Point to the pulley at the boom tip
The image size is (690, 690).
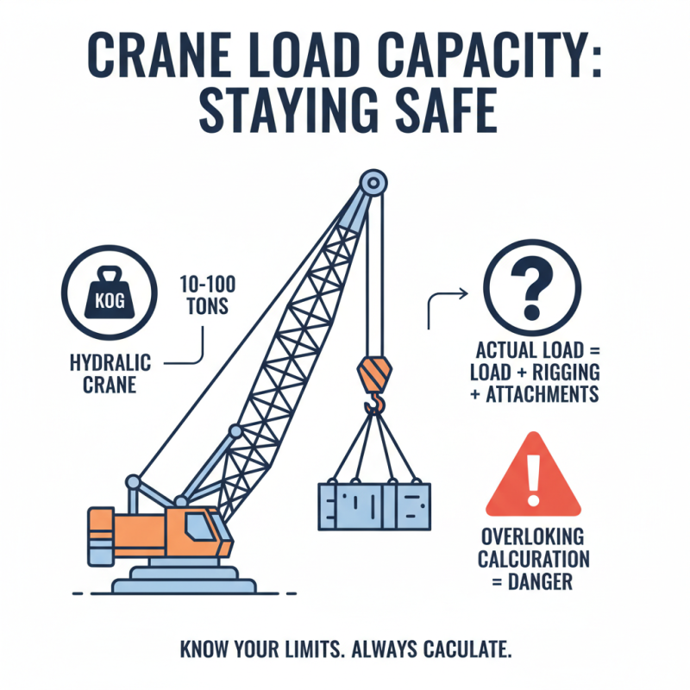[372, 183]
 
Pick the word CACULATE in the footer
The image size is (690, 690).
[456, 649]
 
